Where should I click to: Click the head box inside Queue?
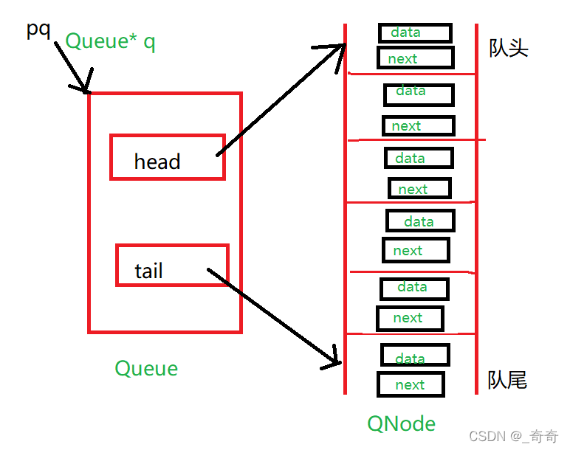pyautogui.click(x=167, y=157)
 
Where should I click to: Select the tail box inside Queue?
pyautogui.click(x=172, y=266)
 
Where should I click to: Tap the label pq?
pyautogui.click(x=38, y=30)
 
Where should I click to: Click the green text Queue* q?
pyautogui.click(x=110, y=41)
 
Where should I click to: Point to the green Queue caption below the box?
pyautogui.click(x=146, y=368)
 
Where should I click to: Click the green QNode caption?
pyautogui.click(x=401, y=423)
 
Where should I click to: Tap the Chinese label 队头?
pyautogui.click(x=509, y=49)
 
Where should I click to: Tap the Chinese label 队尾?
pyautogui.click(x=507, y=380)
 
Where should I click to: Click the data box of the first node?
pyautogui.click(x=414, y=32)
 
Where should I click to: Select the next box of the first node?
pyautogui.click(x=415, y=58)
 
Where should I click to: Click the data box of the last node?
pyautogui.click(x=415, y=355)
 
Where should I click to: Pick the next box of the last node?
pyautogui.click(x=411, y=384)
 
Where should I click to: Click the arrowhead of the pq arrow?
pyautogui.click(x=86, y=89)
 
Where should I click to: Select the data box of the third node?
pyautogui.click(x=418, y=158)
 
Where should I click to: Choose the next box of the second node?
pyautogui.click(x=417, y=125)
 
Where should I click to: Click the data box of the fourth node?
pyautogui.click(x=420, y=221)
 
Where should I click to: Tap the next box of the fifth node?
pyautogui.click(x=410, y=318)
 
